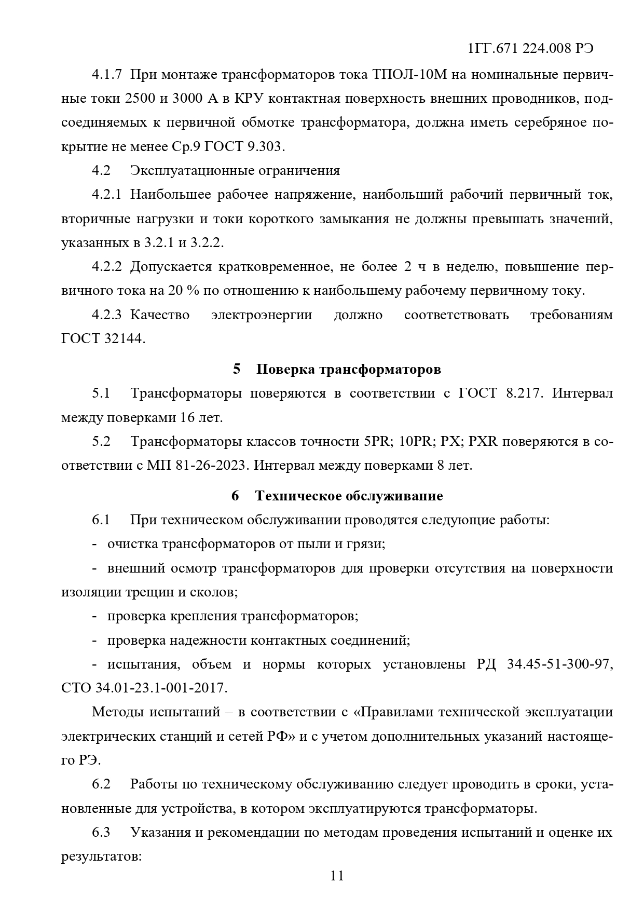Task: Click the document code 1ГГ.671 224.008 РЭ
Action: (x=530, y=49)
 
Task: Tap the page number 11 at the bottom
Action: (x=337, y=876)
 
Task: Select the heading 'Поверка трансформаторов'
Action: (x=348, y=369)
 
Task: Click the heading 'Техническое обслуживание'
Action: (x=349, y=496)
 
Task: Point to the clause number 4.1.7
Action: (x=106, y=74)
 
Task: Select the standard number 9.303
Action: (x=264, y=146)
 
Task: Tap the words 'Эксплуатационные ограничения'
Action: (x=235, y=170)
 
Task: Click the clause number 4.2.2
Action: (x=106, y=267)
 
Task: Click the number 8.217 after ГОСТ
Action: (x=524, y=393)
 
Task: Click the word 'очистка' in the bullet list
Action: (x=132, y=544)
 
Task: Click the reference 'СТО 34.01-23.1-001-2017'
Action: (x=144, y=688)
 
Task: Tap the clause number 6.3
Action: (x=101, y=833)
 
